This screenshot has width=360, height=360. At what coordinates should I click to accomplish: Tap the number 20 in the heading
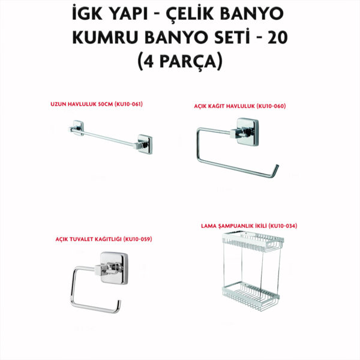tap(278, 38)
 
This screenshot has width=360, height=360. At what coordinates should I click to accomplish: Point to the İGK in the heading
tap(87, 14)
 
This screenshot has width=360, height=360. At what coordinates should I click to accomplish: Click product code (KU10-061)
tap(128, 104)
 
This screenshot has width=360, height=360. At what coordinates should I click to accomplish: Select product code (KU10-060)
tap(271, 106)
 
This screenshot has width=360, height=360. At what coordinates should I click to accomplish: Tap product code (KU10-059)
tap(138, 239)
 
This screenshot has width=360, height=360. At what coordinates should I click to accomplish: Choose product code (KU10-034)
tap(283, 226)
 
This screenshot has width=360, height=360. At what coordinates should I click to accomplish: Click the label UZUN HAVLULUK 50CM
tap(82, 104)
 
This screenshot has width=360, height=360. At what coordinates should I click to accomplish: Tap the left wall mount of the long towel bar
tap(77, 128)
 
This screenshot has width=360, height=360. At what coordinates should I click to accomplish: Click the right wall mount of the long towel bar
tap(145, 144)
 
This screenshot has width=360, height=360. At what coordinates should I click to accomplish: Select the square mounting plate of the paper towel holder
tap(247, 132)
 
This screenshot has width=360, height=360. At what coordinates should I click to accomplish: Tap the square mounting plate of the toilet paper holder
tap(114, 268)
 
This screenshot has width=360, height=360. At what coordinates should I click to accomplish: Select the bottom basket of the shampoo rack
tap(251, 296)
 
